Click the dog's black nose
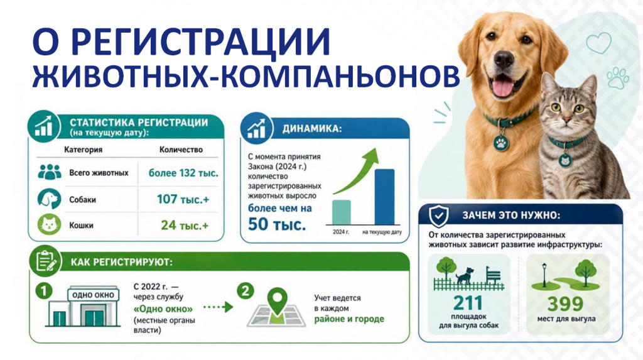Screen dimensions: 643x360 coord(504,60)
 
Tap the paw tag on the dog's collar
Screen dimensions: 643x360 coord(501,143)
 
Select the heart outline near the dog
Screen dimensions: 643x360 coord(598,43)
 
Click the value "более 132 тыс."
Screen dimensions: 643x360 coord(183,173)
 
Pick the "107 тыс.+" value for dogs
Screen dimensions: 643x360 coord(183,200)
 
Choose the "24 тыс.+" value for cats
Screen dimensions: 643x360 coord(185,226)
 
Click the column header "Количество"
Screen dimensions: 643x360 coord(181,150)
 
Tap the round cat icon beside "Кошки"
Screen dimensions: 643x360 coord(49,224)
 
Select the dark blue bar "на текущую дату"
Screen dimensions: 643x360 coord(385,197)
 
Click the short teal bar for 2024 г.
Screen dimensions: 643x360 coord(341,212)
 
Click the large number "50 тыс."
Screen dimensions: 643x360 coord(277,224)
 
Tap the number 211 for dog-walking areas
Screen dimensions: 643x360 coord(468,303)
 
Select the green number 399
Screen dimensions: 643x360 coord(566,303)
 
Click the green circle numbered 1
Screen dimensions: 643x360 coord(44,291)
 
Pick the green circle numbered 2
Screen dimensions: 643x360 coord(246,291)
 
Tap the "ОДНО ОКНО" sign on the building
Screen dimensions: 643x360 coord(93,295)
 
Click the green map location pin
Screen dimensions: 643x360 coord(277,300)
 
